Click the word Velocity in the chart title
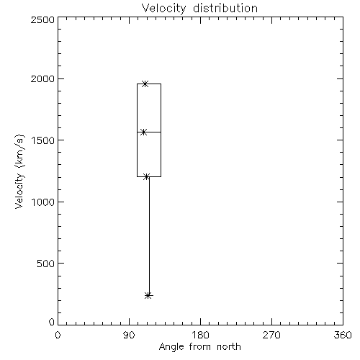point(164,9)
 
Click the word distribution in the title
point(225,8)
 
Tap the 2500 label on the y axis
point(42,19)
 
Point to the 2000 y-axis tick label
point(42,78)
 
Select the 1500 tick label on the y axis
point(43,140)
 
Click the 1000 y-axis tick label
point(43,202)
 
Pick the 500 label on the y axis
point(46,264)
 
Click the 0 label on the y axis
point(52,322)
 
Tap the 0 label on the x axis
point(58,335)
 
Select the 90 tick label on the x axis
point(129,335)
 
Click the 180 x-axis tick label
point(200,335)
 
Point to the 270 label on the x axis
point(271,335)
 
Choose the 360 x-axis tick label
point(343,335)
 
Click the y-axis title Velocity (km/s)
point(19,171)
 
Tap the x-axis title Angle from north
point(199,347)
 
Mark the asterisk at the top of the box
point(145,84)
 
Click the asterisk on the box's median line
point(143,132)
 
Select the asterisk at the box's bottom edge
point(146,177)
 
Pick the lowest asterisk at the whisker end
point(148,295)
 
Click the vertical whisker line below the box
point(149,236)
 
